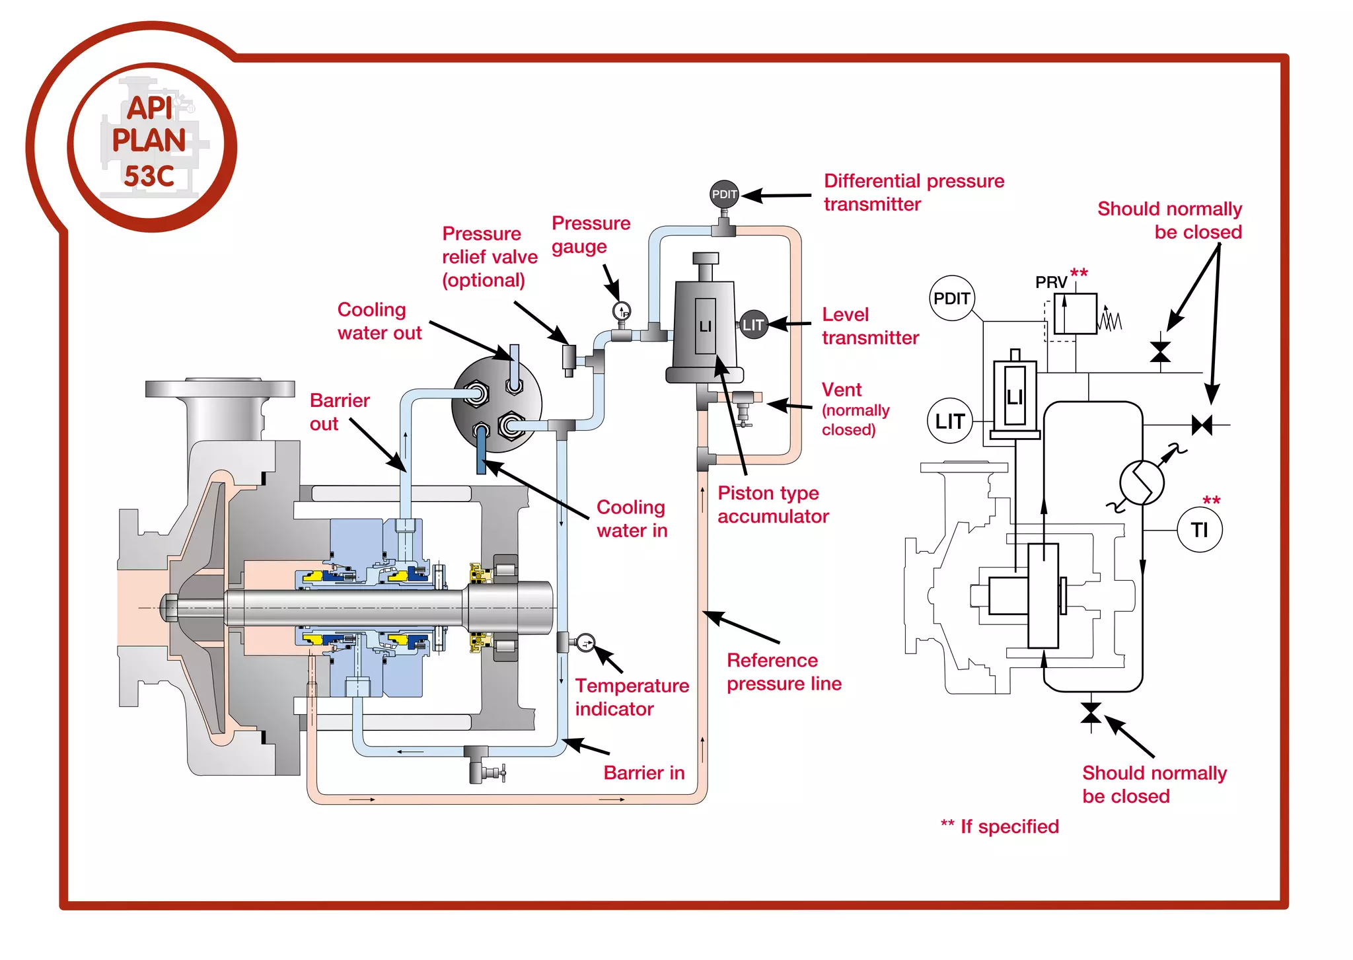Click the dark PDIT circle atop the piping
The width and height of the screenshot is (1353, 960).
[724, 194]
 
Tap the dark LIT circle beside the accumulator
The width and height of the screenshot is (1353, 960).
[753, 324]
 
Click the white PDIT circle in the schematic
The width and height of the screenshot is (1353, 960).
[951, 299]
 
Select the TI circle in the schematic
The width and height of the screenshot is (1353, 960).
[1200, 529]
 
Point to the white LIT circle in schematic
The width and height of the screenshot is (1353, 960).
[949, 421]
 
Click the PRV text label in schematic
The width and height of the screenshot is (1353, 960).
[1050, 283]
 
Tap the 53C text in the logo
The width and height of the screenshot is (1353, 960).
[149, 176]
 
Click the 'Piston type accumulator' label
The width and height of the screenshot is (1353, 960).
[772, 505]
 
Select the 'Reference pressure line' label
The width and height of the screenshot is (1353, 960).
[784, 672]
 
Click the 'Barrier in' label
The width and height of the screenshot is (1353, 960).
[643, 773]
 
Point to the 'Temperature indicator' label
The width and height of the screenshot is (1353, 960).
[631, 697]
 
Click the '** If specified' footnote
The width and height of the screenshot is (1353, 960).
[1000, 827]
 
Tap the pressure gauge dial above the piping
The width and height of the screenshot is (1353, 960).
[622, 311]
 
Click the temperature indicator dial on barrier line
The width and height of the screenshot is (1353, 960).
[585, 642]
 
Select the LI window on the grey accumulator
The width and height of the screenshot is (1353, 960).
[705, 326]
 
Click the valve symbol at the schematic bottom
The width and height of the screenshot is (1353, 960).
[1091, 713]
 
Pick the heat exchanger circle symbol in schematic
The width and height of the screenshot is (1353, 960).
[1142, 482]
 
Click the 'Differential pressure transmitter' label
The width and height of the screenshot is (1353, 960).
[913, 192]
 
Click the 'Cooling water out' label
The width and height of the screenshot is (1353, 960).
[379, 321]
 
